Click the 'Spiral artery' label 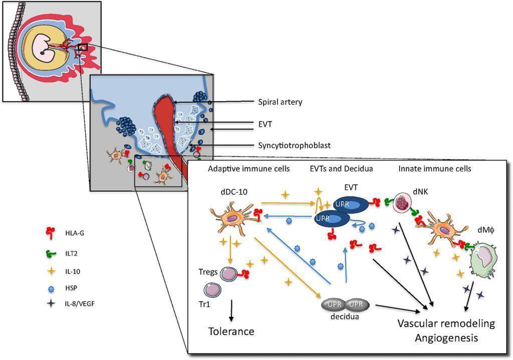(x=280, y=102)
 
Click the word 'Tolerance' (x=231, y=331)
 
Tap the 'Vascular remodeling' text (x=446, y=323)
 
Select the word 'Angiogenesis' (x=446, y=338)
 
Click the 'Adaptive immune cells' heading (x=248, y=169)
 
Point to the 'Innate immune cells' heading (x=434, y=169)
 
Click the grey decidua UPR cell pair (x=345, y=304)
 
